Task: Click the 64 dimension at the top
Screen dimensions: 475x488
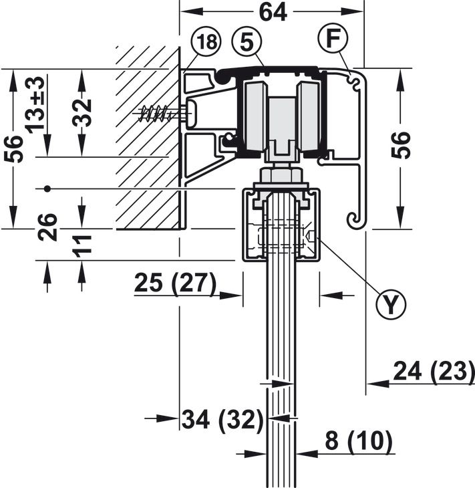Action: point(273,13)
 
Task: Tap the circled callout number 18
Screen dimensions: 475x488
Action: point(206,42)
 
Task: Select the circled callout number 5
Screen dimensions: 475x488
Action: point(247,41)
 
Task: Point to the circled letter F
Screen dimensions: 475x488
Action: point(333,38)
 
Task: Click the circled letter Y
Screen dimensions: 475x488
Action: point(391,305)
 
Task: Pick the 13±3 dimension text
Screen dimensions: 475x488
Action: point(35,105)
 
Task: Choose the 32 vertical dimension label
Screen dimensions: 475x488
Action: point(82,113)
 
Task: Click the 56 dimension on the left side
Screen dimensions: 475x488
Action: point(14,149)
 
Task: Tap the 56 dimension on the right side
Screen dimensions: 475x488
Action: point(400,145)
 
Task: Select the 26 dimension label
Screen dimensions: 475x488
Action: point(47,227)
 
